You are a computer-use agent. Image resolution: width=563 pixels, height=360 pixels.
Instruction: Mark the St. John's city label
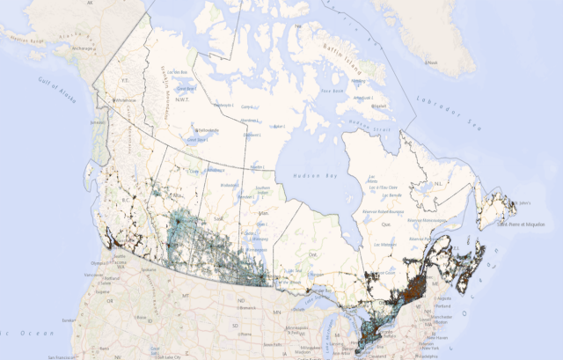click(x=524, y=205)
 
